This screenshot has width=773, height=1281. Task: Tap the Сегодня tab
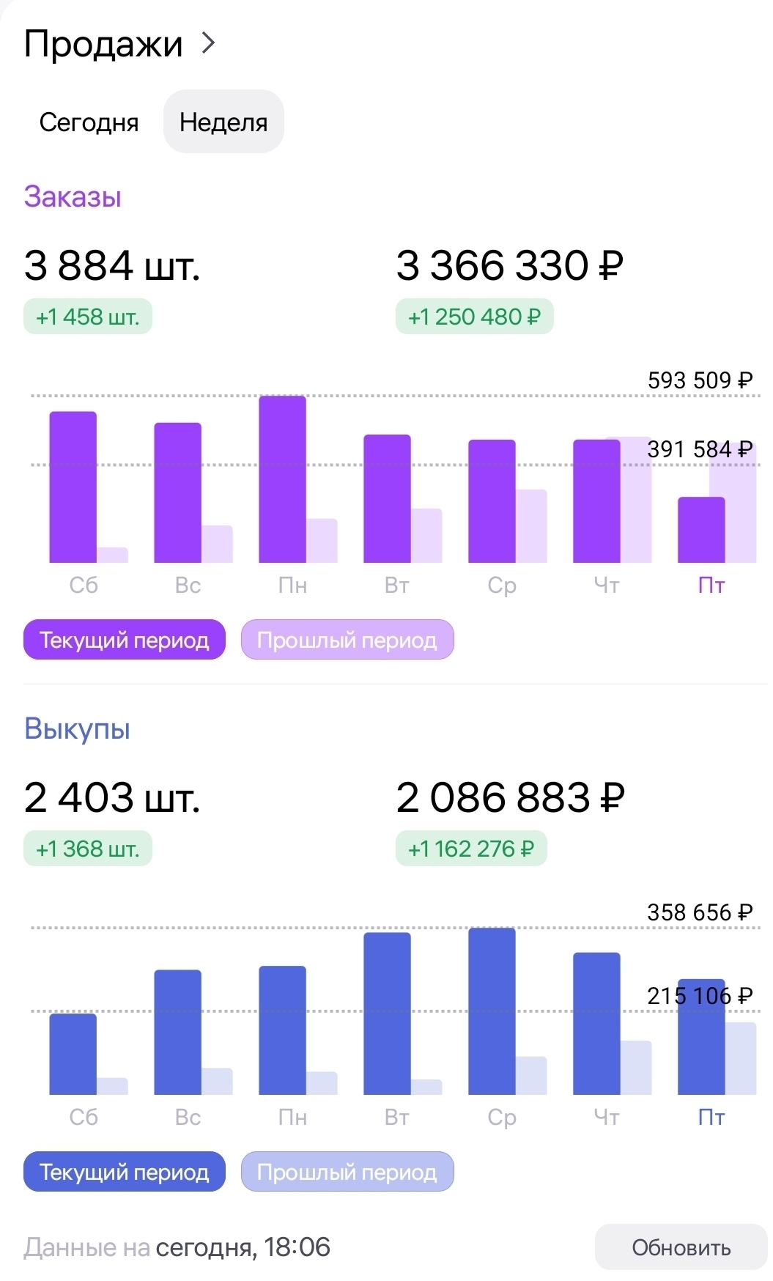tap(89, 122)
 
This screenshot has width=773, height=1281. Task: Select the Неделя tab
tap(223, 122)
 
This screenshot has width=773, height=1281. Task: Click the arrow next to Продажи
tap(209, 43)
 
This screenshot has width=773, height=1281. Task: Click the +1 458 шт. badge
tap(88, 317)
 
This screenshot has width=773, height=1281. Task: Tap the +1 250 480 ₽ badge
tap(474, 317)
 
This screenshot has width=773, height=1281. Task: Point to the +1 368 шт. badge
tap(88, 849)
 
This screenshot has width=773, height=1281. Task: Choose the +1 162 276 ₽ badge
tap(471, 849)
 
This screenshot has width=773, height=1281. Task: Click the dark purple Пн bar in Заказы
tap(282, 480)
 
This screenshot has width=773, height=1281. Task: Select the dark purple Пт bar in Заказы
tap(701, 530)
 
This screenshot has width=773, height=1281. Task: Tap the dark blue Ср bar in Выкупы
tap(492, 1011)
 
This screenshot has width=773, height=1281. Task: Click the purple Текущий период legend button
tap(125, 640)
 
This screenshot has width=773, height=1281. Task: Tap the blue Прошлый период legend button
tap(347, 1172)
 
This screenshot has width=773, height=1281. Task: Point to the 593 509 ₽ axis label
tap(700, 380)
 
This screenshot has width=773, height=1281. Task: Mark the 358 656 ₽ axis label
tap(700, 912)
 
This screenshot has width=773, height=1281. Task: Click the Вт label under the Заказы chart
tap(396, 585)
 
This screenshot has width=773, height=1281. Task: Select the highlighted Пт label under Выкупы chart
tap(711, 1117)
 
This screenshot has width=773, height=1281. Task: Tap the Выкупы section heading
tap(77, 729)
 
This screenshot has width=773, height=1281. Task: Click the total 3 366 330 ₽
tap(510, 265)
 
